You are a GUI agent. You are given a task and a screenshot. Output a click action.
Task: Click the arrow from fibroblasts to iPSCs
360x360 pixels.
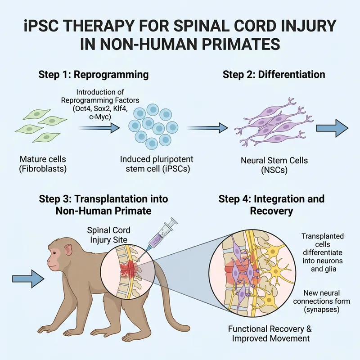click(x=99, y=128)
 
